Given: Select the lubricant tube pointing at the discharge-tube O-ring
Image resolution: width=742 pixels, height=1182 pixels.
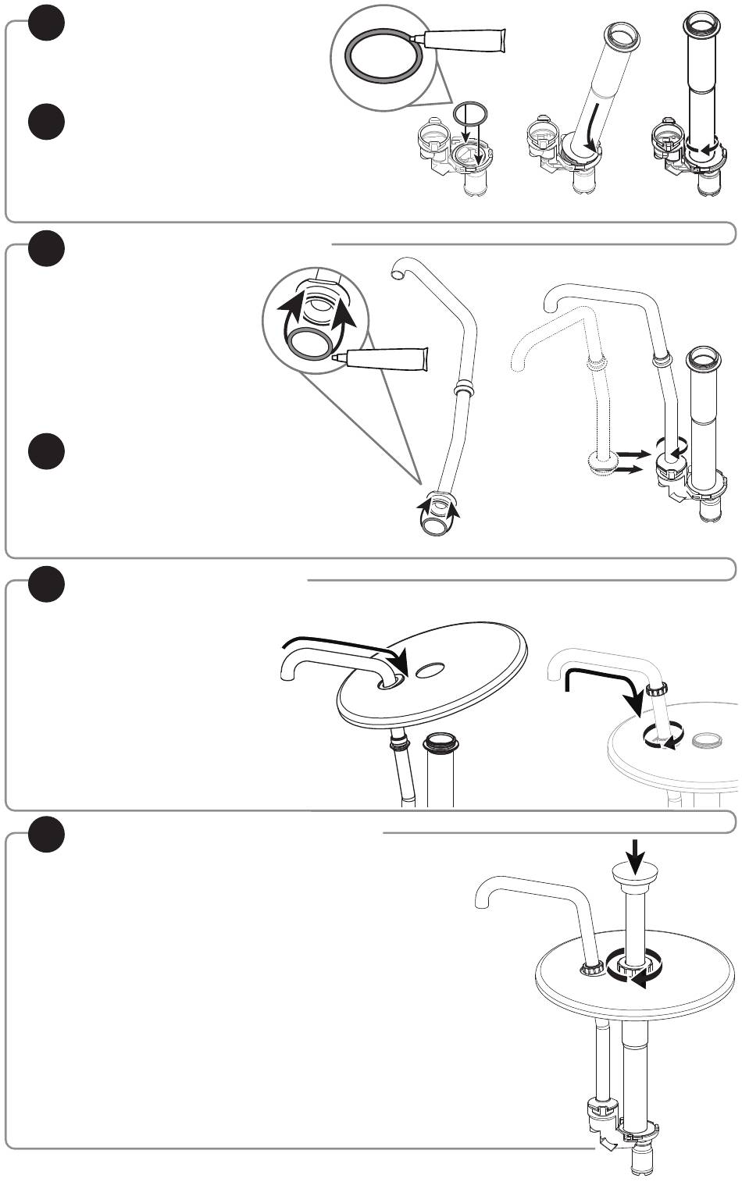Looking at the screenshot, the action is (383, 360).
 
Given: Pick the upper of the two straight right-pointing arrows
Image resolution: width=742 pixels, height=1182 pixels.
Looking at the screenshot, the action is (630, 453).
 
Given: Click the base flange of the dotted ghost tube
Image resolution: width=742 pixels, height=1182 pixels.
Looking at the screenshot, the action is (599, 465).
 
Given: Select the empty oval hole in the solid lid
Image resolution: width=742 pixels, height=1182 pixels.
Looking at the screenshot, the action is (431, 670).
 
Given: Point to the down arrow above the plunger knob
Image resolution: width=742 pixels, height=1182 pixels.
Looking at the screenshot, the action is (637, 855).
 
